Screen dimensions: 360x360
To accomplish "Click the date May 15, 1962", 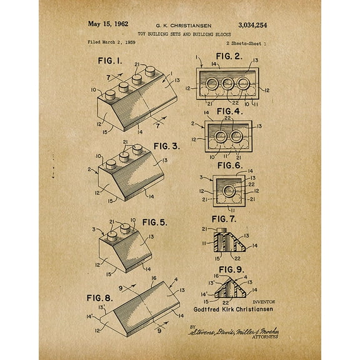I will click(x=107, y=24).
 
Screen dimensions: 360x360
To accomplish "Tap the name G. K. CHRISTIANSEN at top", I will click(x=179, y=25).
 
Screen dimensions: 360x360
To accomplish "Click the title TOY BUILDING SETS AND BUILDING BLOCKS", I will click(x=179, y=34).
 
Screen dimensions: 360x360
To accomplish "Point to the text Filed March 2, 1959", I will click(x=111, y=43).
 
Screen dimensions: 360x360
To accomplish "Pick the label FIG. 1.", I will click(x=110, y=62).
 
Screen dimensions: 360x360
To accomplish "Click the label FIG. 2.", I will click(x=228, y=56).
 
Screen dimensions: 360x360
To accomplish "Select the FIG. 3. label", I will click(x=167, y=146).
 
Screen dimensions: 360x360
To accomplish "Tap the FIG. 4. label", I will click(x=229, y=111).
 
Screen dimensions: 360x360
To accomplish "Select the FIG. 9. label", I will click(x=228, y=270).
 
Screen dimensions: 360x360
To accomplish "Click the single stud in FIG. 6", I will click(x=229, y=189).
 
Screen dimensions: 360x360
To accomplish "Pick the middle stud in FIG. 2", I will click(x=228, y=84).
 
